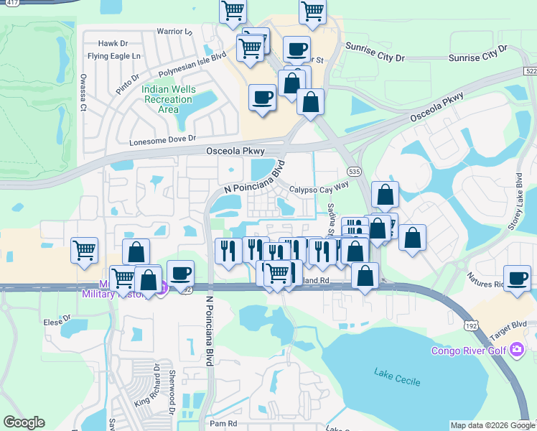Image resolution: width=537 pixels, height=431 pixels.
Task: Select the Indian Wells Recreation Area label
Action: pyautogui.click(x=168, y=99)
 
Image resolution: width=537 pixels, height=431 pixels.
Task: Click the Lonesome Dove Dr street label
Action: pyautogui.click(x=162, y=141)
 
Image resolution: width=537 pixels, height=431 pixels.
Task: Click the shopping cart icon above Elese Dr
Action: pyautogui.click(x=85, y=250)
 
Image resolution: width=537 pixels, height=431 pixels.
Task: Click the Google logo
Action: pyautogui.click(x=24, y=422)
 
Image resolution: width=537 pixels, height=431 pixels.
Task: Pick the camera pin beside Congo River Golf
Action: pyautogui.click(x=517, y=350)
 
